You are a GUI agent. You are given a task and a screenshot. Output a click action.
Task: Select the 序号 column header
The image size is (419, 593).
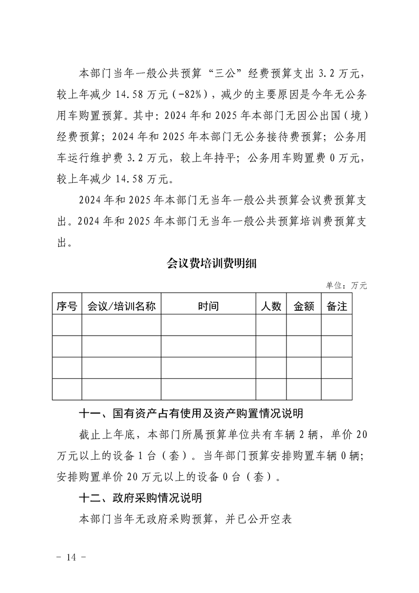point(67,306)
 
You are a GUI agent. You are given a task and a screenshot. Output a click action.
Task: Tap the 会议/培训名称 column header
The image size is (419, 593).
point(121,306)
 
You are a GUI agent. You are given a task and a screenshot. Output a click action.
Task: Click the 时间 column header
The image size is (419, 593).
point(208,306)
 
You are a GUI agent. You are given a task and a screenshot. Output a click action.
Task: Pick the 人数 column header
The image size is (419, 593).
point(271,306)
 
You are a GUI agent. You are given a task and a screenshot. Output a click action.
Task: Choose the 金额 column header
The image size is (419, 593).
point(303,306)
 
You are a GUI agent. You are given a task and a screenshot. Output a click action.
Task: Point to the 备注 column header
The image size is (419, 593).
point(337,306)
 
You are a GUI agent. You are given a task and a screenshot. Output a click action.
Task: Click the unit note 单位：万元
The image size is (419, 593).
point(346,285)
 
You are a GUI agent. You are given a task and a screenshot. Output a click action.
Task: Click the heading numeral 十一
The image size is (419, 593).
point(87,413)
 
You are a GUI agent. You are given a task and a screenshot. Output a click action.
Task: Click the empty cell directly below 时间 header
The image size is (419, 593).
point(208,325)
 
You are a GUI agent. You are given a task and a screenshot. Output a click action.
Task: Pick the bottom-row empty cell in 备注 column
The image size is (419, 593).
point(337,389)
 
